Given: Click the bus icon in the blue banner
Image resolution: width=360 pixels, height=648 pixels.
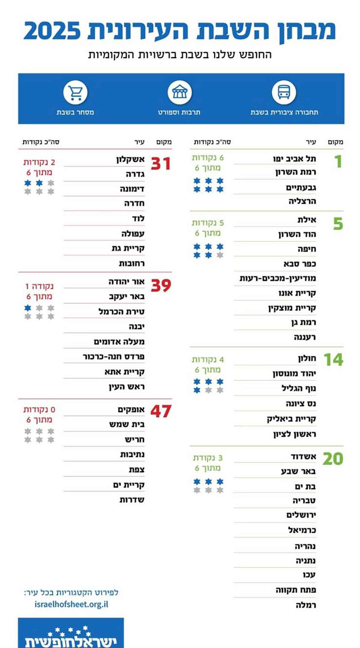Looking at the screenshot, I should click(x=284, y=92).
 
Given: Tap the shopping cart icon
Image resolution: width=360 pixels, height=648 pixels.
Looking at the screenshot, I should click(x=75, y=92).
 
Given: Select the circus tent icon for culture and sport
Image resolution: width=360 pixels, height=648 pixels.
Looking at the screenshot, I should click(x=179, y=92).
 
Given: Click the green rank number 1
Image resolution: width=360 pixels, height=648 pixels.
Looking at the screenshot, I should click(x=338, y=161).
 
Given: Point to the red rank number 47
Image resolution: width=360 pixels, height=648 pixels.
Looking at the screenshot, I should click(x=161, y=411).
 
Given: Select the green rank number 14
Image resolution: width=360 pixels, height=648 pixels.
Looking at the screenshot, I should click(x=333, y=359).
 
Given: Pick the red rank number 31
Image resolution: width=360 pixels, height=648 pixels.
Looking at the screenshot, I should click(x=161, y=164).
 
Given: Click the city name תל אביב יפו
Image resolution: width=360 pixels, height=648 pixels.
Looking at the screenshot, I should click(x=294, y=159).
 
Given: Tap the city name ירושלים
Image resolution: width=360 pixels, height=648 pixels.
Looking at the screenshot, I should click(x=301, y=515).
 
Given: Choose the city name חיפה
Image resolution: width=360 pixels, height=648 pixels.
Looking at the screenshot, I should click(x=307, y=249).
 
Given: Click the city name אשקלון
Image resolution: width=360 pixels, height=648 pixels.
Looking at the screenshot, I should click(x=130, y=159).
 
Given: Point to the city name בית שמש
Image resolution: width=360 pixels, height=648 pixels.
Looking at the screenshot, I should click(x=127, y=424).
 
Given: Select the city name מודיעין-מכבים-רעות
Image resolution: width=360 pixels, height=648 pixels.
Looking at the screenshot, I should click(x=277, y=278).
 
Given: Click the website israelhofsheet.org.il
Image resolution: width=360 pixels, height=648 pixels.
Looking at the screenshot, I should click(x=71, y=604).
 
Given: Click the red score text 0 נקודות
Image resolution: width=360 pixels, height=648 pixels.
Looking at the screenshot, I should click(x=39, y=409).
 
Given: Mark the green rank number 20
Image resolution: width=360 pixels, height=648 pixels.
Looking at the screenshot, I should click(x=333, y=459).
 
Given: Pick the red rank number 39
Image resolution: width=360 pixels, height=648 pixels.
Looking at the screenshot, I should click(x=161, y=285).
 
